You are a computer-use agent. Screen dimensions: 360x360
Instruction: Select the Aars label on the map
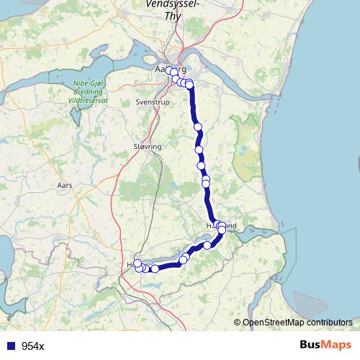pos(65,185)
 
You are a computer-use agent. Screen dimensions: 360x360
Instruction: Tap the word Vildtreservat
pos(89,101)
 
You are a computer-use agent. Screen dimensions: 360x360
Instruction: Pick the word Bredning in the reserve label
pos(89,93)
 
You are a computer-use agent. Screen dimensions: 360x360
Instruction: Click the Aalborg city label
pos(171,69)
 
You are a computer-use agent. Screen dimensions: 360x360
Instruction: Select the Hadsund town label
pos(221,226)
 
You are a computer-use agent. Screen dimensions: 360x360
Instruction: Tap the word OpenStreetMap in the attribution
pos(274,323)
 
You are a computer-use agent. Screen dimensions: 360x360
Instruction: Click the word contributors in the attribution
pos(329,323)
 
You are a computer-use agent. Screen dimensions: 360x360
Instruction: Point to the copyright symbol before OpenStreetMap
pos(238,323)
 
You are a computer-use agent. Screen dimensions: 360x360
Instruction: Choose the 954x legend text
pos(32,346)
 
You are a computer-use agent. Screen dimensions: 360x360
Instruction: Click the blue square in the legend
pos(11,346)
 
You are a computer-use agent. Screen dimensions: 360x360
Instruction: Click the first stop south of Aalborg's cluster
pos(198,127)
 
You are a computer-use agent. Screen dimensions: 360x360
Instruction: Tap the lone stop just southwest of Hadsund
pos(208,246)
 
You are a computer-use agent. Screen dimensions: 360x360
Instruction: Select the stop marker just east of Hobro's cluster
pos(155,269)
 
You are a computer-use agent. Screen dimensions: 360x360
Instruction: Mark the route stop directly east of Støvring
pos(199,150)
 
